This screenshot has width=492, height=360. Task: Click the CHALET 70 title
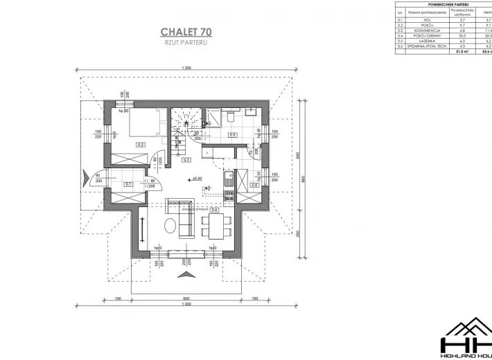tap(186, 31)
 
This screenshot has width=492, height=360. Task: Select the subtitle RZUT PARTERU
tap(185, 42)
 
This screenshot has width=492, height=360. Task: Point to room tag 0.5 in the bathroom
tap(232, 134)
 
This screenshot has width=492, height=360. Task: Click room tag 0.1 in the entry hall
tap(128, 185)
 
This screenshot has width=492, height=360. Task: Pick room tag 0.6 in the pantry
tap(254, 185)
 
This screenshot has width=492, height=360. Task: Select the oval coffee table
tap(170, 224)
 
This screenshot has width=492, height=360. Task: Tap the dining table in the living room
tap(216, 224)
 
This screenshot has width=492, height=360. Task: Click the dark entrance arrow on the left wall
tap(85, 179)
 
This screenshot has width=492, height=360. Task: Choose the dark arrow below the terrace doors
tap(186, 275)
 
